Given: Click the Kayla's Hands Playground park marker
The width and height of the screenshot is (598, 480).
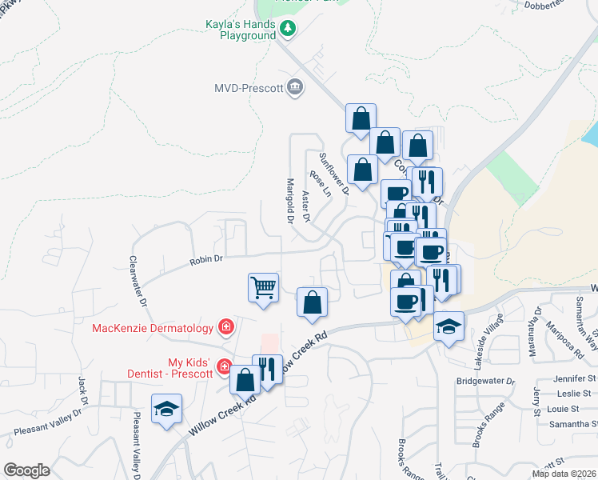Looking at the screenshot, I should click(289, 29).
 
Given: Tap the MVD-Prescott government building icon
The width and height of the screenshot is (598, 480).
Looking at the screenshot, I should click(295, 86).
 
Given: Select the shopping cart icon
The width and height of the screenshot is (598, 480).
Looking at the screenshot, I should click(264, 286).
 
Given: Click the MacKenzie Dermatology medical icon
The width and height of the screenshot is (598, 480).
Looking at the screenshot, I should click(226, 327).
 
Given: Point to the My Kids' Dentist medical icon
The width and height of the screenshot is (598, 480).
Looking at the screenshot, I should click(225, 368).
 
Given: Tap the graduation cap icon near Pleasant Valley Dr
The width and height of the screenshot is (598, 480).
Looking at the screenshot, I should click(167, 409).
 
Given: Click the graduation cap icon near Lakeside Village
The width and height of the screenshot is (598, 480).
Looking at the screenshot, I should click(449, 326).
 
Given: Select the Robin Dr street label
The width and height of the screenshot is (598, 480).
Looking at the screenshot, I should click(205, 260).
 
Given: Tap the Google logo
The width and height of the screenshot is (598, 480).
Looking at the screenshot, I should click(26, 470).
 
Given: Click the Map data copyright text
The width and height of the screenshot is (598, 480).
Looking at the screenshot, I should click(564, 474).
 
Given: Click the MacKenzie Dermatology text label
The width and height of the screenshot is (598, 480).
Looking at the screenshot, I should click(152, 327).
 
